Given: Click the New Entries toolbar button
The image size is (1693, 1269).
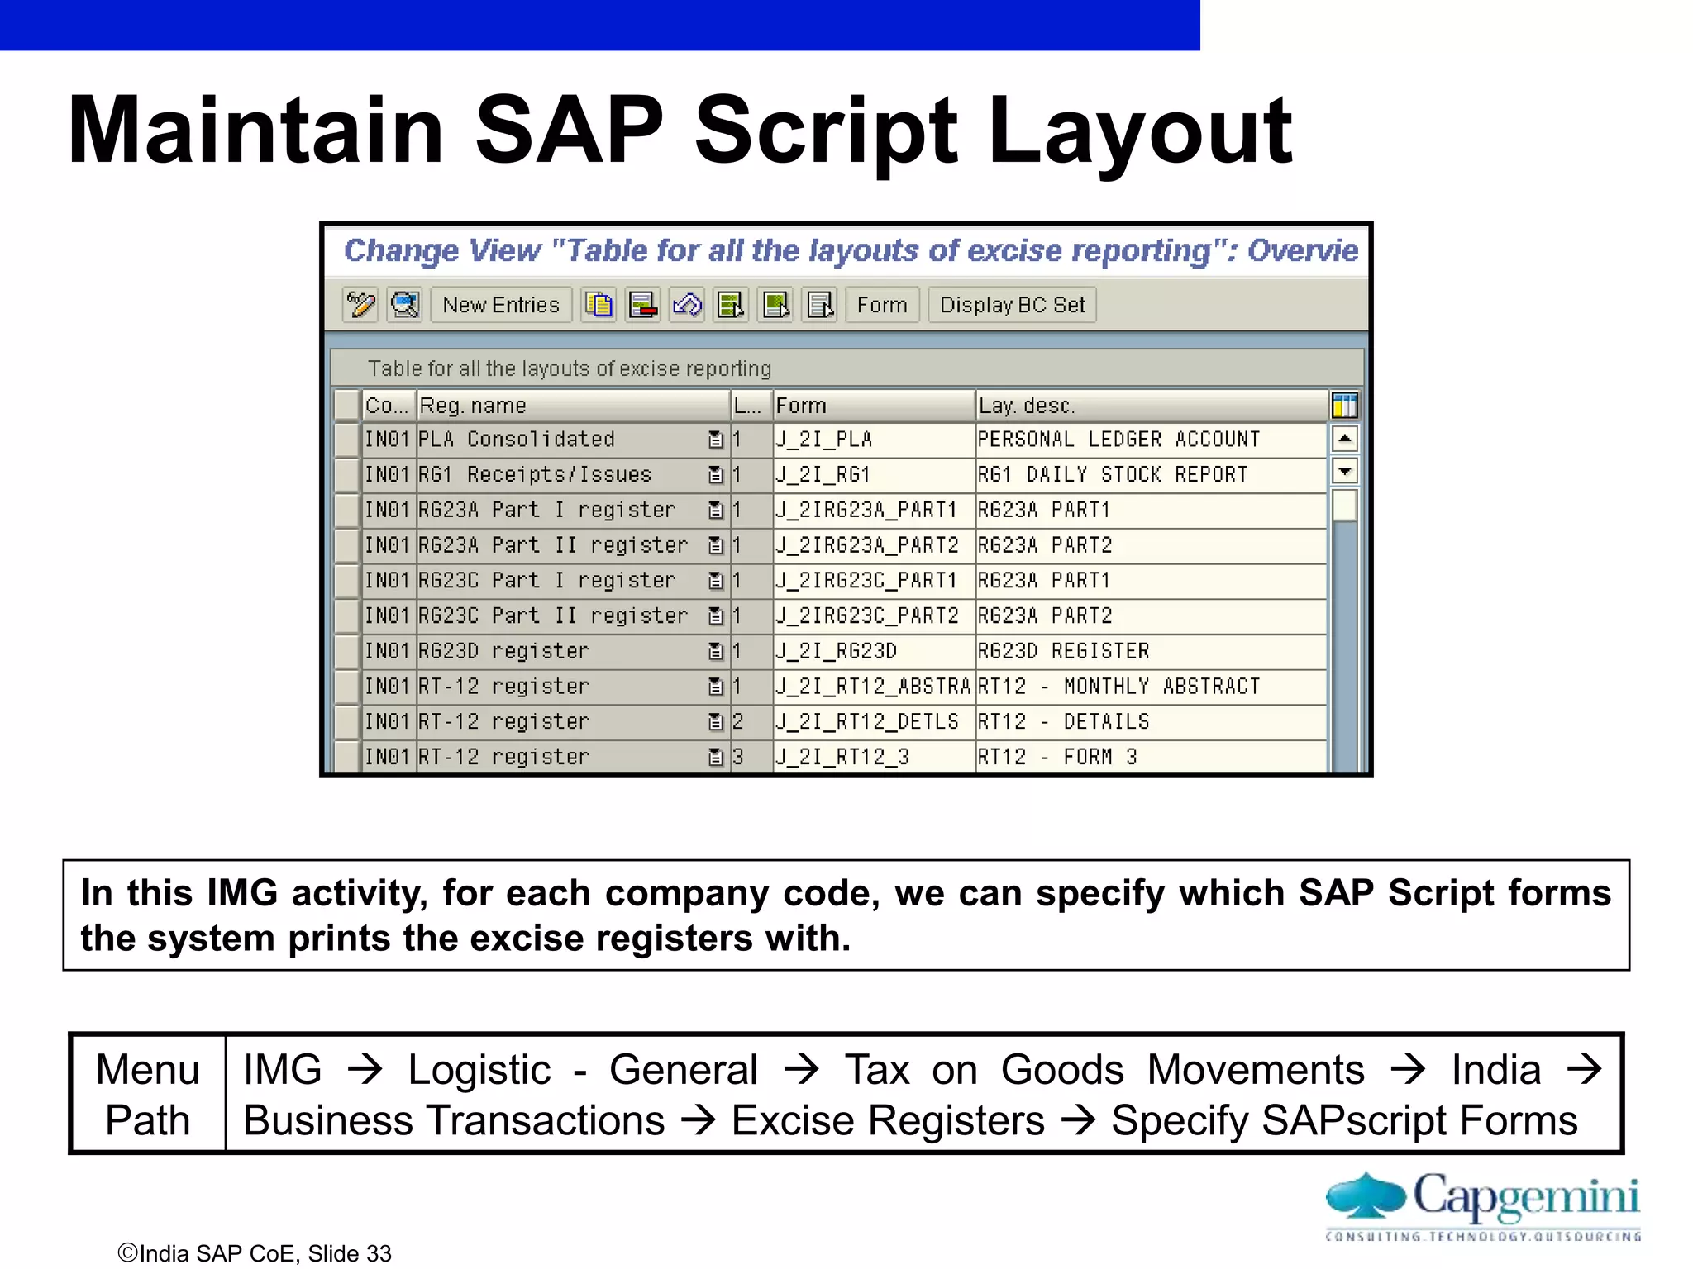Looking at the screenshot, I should click(x=501, y=305).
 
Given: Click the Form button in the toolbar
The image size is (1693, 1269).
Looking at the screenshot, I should click(x=881, y=305).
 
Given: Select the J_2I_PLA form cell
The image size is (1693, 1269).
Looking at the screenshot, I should click(x=873, y=440).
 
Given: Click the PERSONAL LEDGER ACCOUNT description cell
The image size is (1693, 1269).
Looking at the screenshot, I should click(x=1149, y=440).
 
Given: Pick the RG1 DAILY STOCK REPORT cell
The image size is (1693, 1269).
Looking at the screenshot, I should click(x=1149, y=475).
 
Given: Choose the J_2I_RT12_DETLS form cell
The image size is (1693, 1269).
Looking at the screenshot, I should click(x=873, y=722).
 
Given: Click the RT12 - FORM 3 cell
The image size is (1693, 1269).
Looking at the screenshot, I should click(x=1149, y=757).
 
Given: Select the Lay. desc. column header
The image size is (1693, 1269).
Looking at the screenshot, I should click(x=1149, y=406).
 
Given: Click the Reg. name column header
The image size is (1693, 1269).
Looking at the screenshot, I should click(x=570, y=406).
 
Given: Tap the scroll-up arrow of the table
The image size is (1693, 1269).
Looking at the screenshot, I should click(x=1345, y=439).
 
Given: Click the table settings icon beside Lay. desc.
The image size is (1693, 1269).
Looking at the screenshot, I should click(x=1345, y=406).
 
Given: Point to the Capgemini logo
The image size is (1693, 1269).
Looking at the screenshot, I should click(x=1482, y=1205).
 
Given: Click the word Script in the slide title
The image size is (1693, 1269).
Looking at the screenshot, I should click(x=825, y=131).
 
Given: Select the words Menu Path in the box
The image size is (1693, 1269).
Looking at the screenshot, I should click(x=147, y=1095).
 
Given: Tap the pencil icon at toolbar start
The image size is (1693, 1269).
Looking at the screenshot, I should click(x=360, y=305).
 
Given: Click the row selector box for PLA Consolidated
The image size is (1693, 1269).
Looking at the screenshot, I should click(x=347, y=440).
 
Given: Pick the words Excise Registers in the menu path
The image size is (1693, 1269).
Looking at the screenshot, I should click(x=888, y=1121).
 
